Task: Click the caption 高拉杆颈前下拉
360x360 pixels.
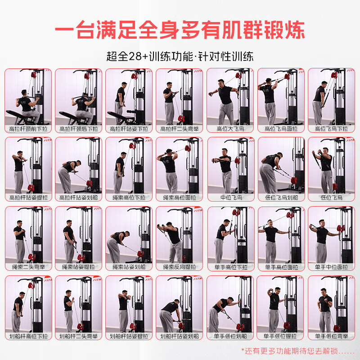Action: point(28,129)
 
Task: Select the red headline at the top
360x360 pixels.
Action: point(180,31)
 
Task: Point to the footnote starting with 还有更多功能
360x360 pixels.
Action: point(297,350)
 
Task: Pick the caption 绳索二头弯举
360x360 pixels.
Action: point(28,267)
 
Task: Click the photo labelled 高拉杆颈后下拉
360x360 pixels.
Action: point(78,96)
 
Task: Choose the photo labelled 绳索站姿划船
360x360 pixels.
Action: point(129,234)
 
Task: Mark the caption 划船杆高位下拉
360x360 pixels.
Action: point(28,336)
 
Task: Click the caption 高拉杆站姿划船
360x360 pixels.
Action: point(78,198)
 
